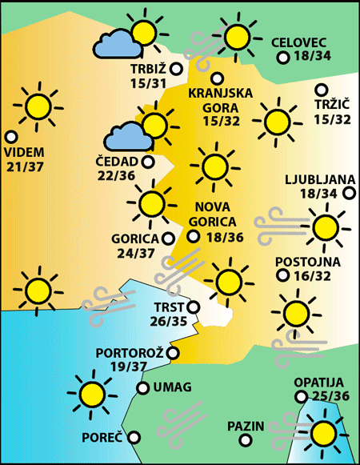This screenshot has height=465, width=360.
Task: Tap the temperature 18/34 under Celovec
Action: [x=312, y=57]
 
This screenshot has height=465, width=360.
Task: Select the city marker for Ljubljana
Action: [x=349, y=193]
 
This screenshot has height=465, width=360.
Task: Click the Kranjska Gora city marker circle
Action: [x=217, y=78]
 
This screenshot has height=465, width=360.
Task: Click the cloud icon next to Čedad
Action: [x=128, y=137]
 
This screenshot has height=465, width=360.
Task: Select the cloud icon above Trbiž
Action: [x=117, y=43]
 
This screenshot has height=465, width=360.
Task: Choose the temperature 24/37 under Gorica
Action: [x=134, y=253]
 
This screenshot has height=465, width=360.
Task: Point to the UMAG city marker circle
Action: [x=142, y=388]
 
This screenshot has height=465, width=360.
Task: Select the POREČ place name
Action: [x=102, y=438]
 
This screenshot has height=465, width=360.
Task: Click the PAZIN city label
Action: [x=245, y=425]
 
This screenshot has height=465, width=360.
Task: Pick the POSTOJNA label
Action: [x=308, y=262]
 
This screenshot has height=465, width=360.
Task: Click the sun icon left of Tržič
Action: [x=277, y=121]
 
